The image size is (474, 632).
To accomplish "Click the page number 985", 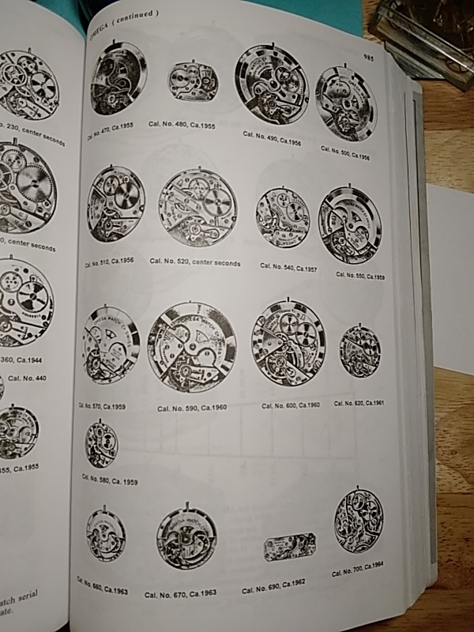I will click(368, 56).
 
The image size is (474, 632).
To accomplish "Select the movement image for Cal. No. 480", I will click(192, 84).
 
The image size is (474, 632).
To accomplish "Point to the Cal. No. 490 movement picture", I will click(272, 84).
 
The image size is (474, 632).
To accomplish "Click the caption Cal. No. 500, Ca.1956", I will click(345, 152).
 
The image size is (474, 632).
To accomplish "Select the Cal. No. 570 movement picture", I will click(111, 344).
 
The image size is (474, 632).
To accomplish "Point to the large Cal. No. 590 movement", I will click(191, 348).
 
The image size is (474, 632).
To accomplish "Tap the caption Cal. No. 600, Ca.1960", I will click(291, 405).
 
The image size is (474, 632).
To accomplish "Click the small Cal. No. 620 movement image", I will click(359, 351).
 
